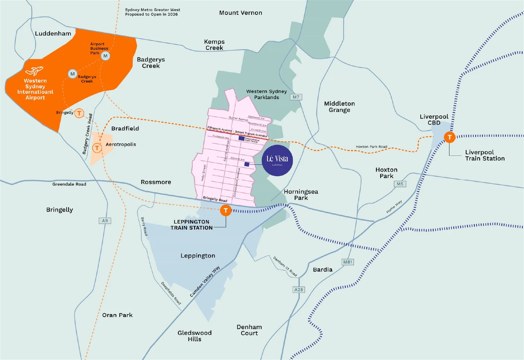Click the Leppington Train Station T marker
[x=226, y=210]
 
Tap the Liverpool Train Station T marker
[x=450, y=137]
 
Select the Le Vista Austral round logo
[x=277, y=160]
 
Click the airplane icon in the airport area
[x=35, y=71]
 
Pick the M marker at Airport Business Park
[x=106, y=56]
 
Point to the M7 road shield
[x=296, y=97]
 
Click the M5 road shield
[x=400, y=184]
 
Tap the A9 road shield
[x=105, y=221]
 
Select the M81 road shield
[x=347, y=262]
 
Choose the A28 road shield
[x=298, y=290]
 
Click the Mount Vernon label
[x=241, y=13]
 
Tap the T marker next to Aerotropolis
[x=97, y=148]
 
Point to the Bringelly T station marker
[x=79, y=113]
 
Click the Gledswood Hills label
[x=195, y=336]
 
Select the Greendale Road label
[x=69, y=184]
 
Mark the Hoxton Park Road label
[x=371, y=147]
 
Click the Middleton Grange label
[x=339, y=107]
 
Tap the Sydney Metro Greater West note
[x=152, y=12]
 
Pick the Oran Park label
[x=117, y=315]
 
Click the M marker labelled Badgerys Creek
[x=72, y=74]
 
